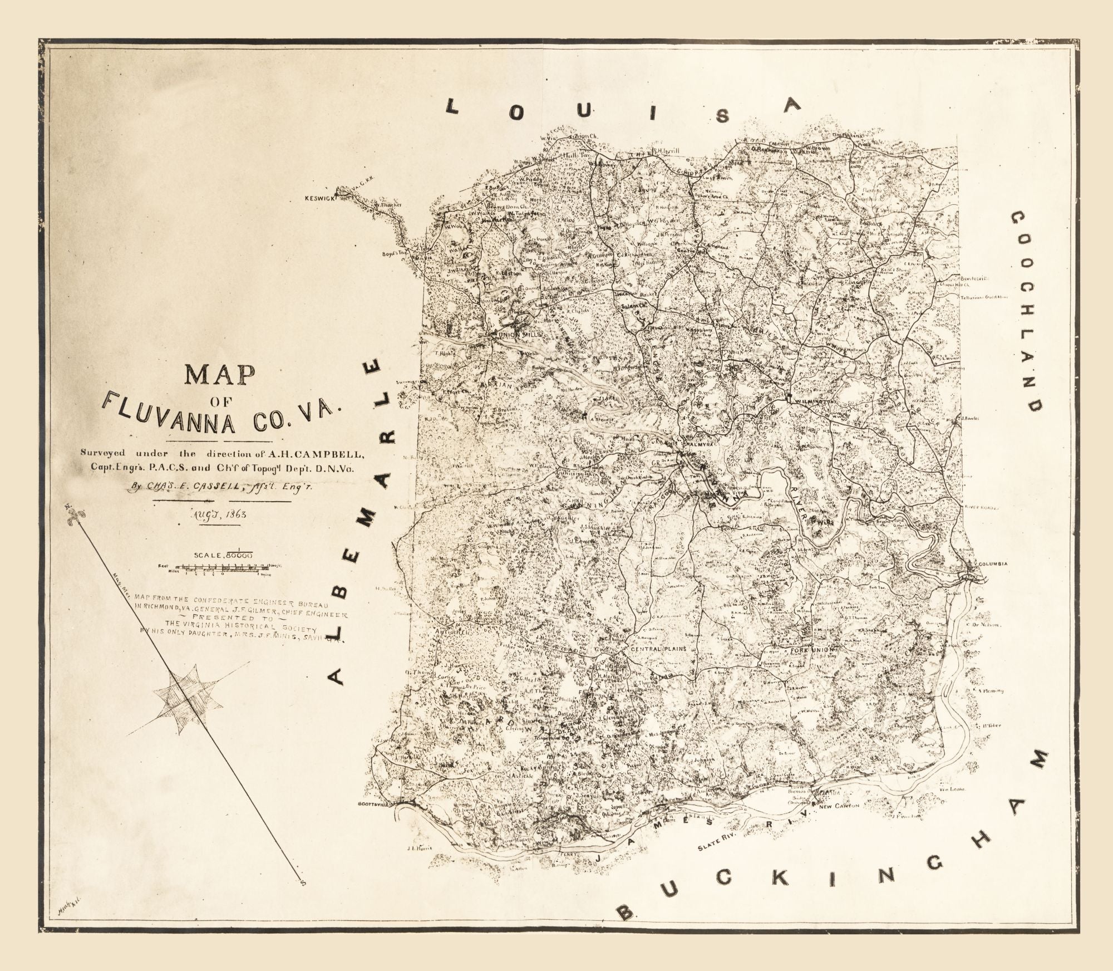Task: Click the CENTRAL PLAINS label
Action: click(656, 649)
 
